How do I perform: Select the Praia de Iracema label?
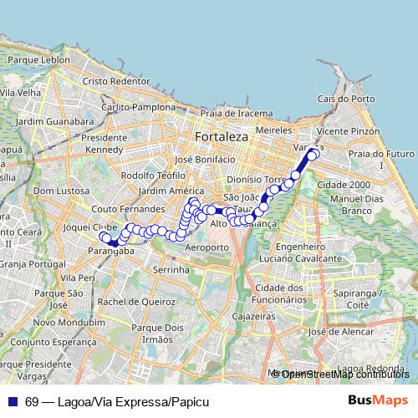tap(235, 113)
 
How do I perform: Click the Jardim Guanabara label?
tap(47, 120)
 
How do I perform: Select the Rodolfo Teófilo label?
tap(153, 176)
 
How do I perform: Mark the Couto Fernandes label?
tap(128, 209)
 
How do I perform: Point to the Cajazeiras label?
tap(254, 318)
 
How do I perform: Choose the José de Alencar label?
tap(339, 332)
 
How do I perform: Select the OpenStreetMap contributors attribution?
tap(345, 374)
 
